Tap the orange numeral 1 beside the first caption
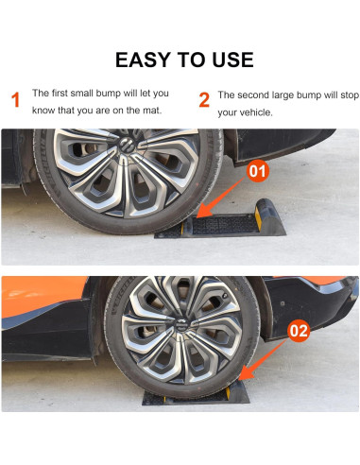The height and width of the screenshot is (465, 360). (15, 101)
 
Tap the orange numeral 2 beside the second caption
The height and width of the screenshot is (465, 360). (203, 101)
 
